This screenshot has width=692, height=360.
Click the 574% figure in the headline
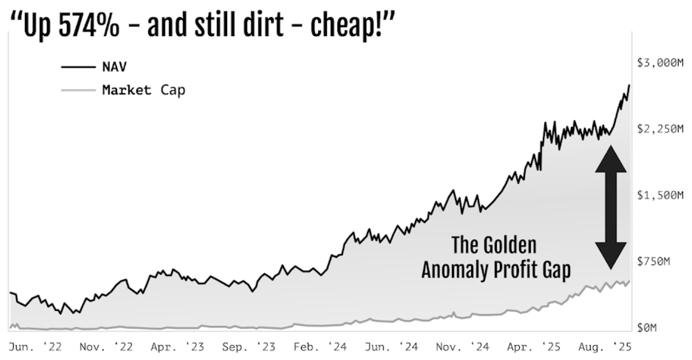89,26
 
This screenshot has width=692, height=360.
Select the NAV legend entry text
115,67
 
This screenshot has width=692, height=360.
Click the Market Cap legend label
144,90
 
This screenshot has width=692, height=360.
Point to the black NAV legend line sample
78,67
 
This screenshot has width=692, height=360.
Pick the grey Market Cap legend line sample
78,90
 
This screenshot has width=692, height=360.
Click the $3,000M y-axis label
660,63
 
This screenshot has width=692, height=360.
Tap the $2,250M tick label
660,129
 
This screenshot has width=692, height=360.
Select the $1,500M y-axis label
660,195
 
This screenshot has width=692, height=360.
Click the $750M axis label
653,261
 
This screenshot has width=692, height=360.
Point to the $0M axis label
647,328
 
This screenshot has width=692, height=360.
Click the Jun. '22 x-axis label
35,347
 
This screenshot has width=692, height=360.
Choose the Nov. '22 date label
106,347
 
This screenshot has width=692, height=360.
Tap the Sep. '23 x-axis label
249,347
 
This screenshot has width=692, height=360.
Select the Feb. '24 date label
320,347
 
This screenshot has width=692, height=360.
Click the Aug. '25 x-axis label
605,347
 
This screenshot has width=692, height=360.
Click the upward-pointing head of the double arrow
611,160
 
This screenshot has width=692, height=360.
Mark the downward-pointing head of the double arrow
611,255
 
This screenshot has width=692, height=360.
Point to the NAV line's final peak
629,85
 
